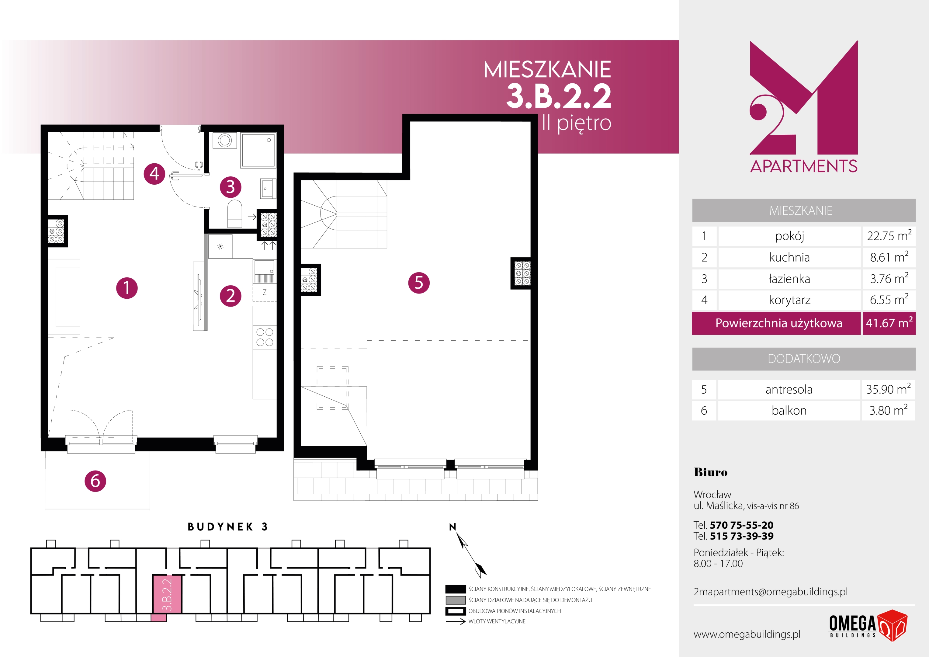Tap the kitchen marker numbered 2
[231, 296]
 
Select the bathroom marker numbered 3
[231, 187]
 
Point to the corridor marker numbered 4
[154, 174]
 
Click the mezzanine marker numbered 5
[419, 283]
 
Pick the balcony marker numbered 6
[95, 481]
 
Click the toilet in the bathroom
[235, 213]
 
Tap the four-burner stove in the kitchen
[265, 337]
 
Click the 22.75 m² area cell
[889, 236]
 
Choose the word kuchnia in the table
[789, 257]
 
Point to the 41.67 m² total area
[889, 323]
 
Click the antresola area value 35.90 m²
[888, 389]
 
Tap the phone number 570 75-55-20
[741, 525]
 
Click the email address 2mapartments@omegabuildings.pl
[770, 592]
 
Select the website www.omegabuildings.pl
[747, 634]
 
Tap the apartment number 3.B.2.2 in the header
[559, 96]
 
